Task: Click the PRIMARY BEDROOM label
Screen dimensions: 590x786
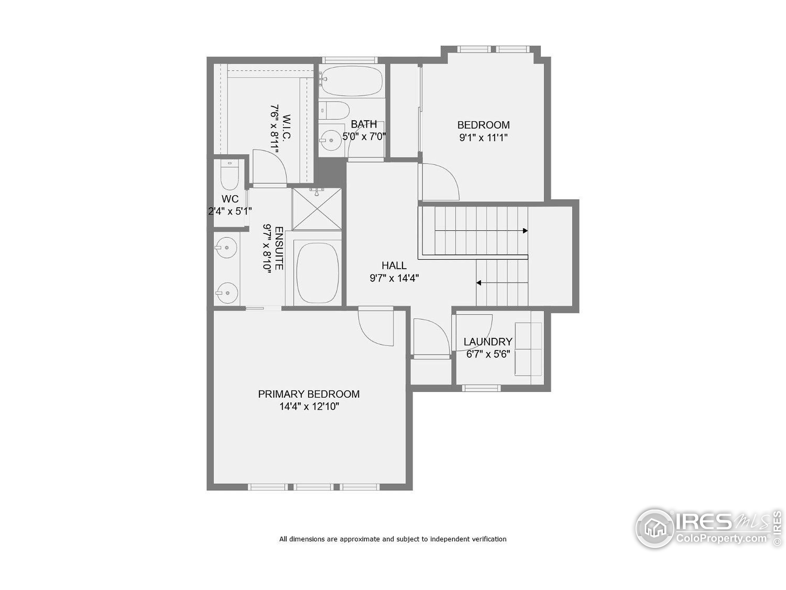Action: click(309, 394)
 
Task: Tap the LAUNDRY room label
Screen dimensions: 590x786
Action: click(488, 342)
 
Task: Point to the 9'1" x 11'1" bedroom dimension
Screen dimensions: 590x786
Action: click(483, 138)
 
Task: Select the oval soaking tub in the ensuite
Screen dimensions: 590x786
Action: click(317, 273)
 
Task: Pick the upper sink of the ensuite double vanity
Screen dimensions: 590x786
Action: click(226, 247)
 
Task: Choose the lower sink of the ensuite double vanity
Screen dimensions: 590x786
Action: click(227, 293)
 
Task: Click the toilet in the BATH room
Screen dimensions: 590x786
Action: click(334, 111)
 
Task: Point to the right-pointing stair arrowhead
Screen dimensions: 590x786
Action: click(525, 231)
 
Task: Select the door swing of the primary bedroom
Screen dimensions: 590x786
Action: click(377, 327)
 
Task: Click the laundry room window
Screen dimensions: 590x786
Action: click(481, 388)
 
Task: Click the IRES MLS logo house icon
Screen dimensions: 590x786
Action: click(655, 528)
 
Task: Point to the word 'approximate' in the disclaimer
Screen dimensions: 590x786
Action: click(360, 539)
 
